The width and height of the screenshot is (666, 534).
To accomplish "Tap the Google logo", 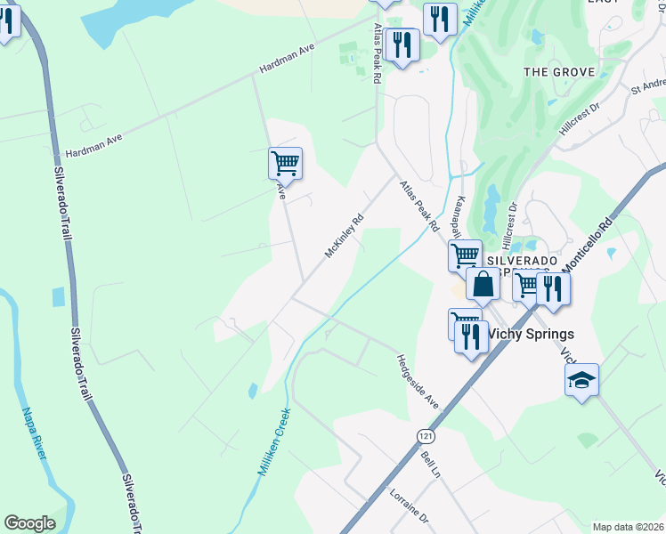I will tap(29, 523).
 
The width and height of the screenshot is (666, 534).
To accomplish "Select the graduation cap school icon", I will tap(582, 380).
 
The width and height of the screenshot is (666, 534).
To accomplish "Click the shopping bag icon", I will tap(483, 284).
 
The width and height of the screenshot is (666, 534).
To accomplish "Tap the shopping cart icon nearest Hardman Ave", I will tap(285, 163).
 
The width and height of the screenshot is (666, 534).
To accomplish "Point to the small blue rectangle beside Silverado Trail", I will tap(59, 296).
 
